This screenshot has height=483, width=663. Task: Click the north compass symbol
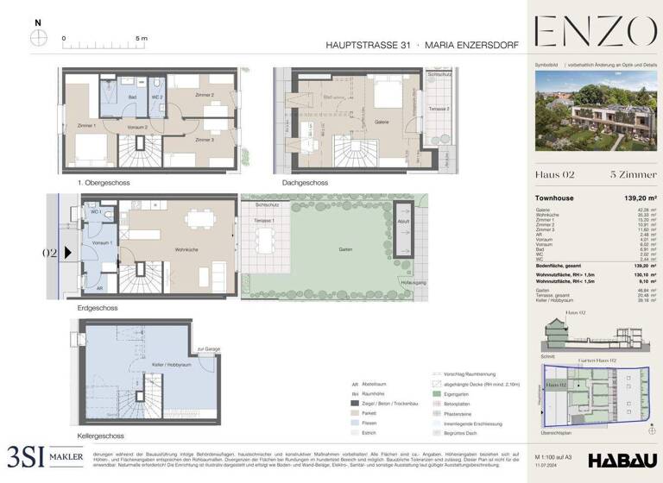tap(38, 38)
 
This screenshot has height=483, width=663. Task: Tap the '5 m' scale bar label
tap(142, 39)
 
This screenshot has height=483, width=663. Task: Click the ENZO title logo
tap(595, 32)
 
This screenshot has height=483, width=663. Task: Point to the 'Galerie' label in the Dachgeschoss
tap(384, 122)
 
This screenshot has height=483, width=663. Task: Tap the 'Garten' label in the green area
tap(345, 249)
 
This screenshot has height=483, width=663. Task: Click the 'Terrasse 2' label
tap(439, 110)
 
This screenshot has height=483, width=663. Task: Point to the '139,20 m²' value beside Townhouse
tap(639, 198)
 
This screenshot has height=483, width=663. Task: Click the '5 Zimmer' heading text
tap(634, 175)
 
